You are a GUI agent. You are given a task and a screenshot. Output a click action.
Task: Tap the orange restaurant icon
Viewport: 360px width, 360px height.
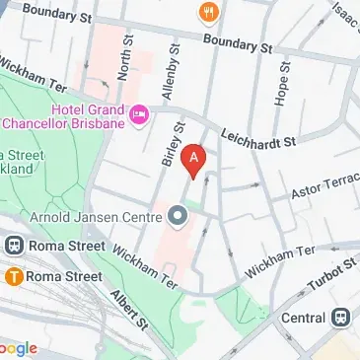pyautogui.click(x=208, y=12)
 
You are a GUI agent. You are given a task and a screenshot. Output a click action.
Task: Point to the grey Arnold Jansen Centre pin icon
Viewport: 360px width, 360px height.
pyautogui.click(x=178, y=214)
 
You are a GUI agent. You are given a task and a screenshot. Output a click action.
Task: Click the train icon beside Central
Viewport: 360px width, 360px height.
pyautogui.click(x=342, y=318)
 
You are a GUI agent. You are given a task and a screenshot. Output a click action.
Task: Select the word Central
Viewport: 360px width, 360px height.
pyautogui.click(x=302, y=319)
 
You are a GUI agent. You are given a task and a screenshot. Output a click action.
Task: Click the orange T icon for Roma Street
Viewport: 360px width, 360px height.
pyautogui.click(x=16, y=277)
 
